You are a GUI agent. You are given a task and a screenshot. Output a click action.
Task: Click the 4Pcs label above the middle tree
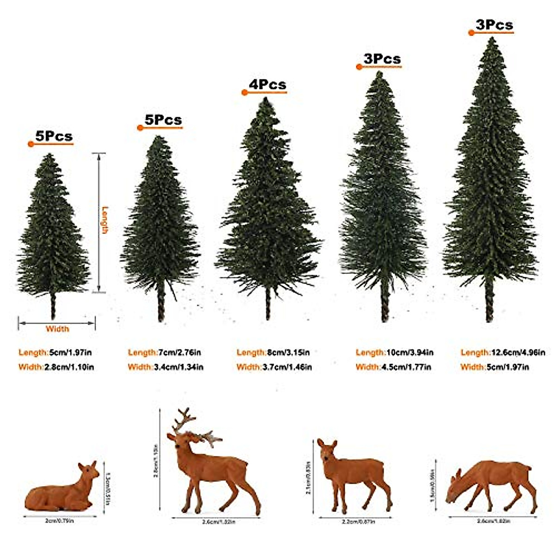[268, 85]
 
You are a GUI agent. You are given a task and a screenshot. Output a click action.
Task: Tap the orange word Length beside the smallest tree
[105, 220]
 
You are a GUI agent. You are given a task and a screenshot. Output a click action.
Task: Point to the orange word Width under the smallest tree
[57, 329]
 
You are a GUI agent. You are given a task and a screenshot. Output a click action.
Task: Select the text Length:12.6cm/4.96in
[503, 353]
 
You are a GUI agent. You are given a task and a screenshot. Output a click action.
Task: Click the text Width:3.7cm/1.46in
[274, 367]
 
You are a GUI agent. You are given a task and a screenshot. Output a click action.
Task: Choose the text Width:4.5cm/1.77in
[393, 367]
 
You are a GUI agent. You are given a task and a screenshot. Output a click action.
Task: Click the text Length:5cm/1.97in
[55, 353]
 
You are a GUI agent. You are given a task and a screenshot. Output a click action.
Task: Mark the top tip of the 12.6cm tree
[491, 39]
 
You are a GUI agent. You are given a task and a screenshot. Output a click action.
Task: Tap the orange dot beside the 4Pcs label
[245, 93]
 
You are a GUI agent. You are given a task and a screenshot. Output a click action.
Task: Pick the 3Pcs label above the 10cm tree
[382, 59]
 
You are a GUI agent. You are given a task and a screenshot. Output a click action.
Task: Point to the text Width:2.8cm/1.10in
[56, 367]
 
